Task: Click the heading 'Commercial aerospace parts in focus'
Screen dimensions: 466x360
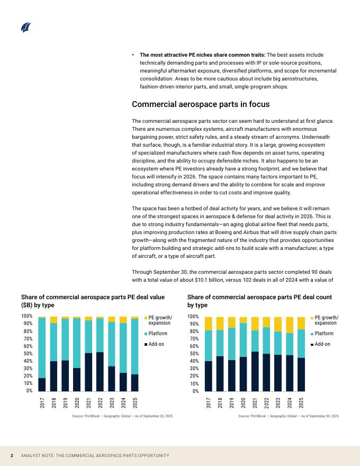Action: tap(201, 104)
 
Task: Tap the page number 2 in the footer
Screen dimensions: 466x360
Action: tap(12, 455)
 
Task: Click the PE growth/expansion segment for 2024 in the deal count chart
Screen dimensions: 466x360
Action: tap(290, 325)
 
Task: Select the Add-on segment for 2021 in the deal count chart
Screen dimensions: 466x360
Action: tap(255, 371)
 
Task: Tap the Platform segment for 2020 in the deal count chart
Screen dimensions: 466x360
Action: tap(243, 340)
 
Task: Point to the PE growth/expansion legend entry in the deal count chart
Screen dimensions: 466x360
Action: tap(326, 320)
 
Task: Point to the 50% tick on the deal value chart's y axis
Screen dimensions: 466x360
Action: tap(26, 354)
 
